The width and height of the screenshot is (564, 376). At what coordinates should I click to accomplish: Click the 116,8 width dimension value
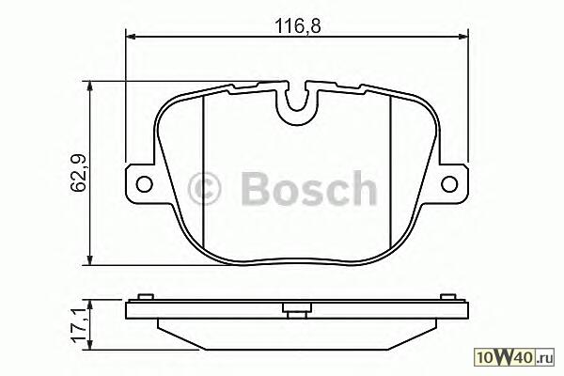point(297,26)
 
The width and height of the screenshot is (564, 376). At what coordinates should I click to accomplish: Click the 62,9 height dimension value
point(78,172)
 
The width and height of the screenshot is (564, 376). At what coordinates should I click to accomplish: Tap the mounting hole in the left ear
point(145,184)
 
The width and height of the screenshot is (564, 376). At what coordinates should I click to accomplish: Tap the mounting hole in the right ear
point(449,184)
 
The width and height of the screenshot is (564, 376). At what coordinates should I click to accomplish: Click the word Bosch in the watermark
point(309,188)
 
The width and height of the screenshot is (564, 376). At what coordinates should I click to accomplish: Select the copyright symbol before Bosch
point(204,189)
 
